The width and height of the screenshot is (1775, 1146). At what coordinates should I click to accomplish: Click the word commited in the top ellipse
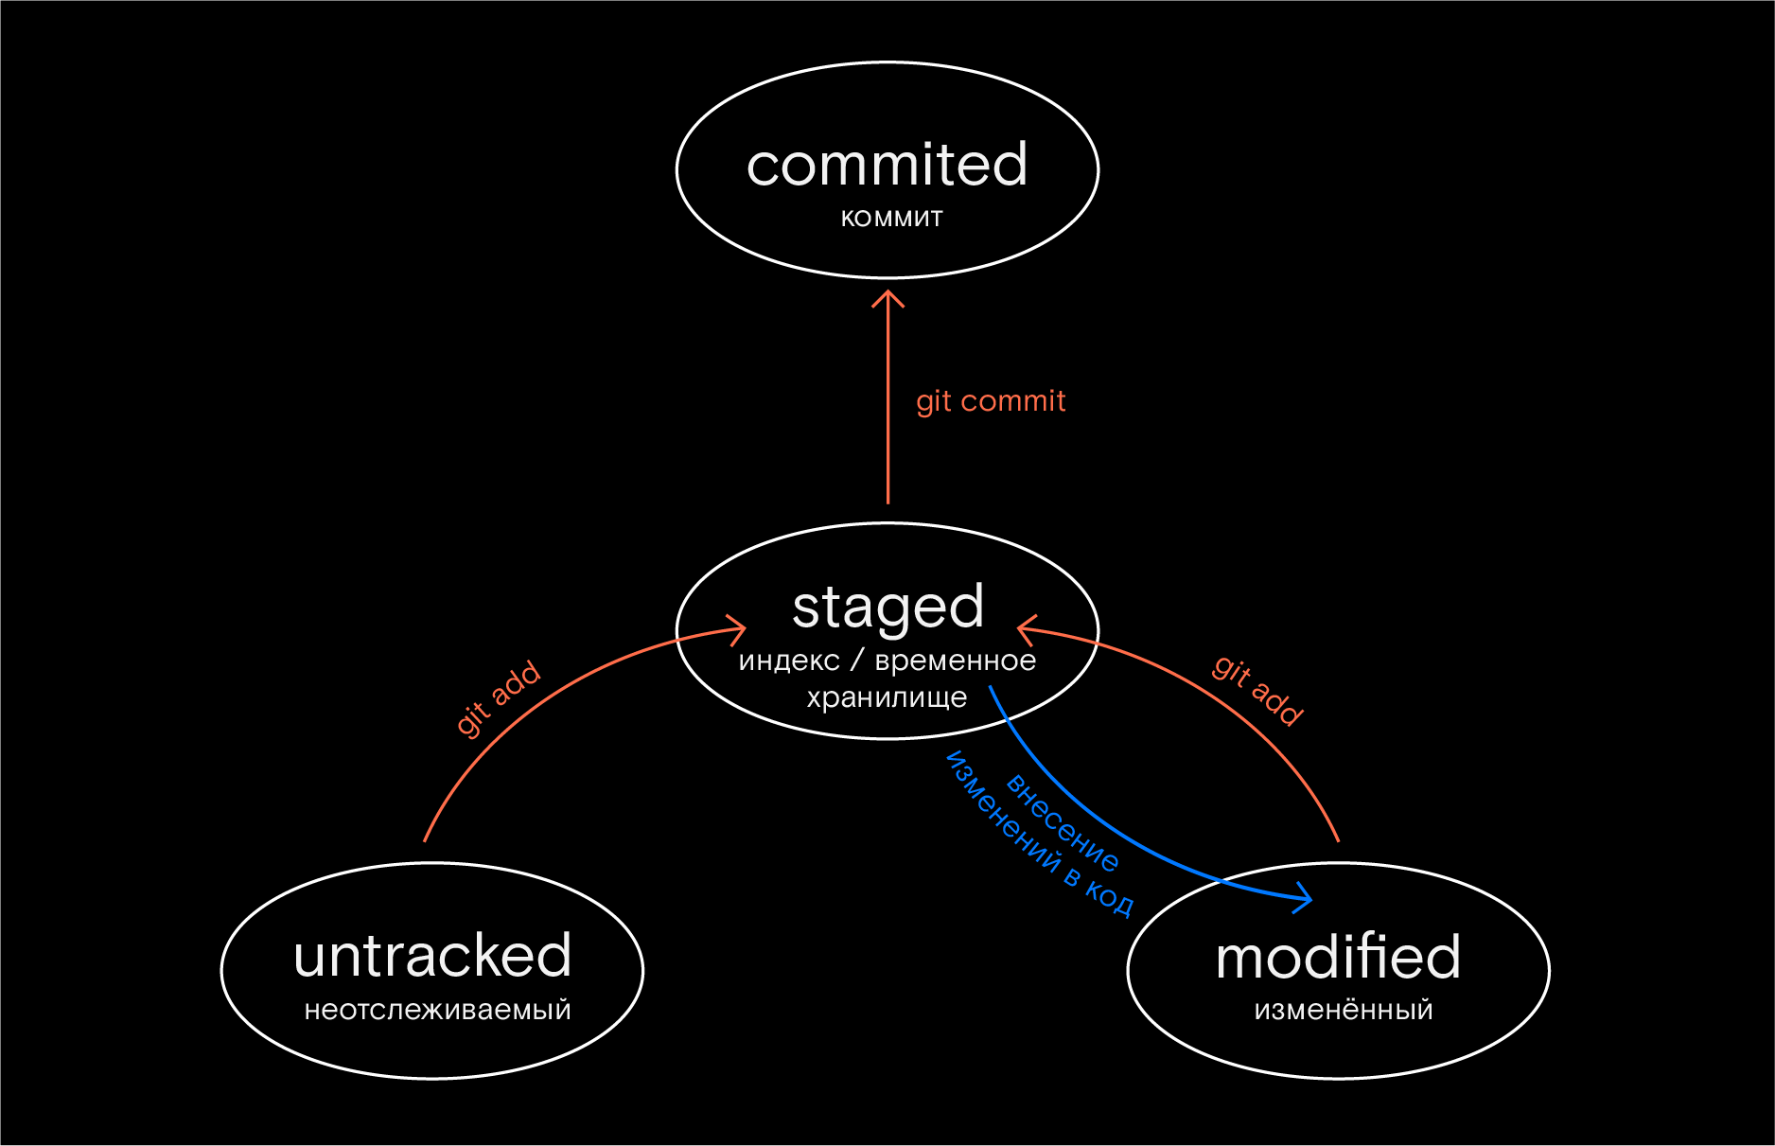pyautogui.click(x=887, y=165)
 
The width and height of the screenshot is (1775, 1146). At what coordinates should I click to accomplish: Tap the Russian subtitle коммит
pyautogui.click(x=892, y=219)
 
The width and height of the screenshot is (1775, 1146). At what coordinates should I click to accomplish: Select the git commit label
pyautogui.click(x=991, y=401)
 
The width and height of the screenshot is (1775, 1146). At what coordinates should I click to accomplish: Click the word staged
pyautogui.click(x=887, y=608)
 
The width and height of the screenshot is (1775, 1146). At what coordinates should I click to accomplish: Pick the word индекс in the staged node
pyautogui.click(x=789, y=661)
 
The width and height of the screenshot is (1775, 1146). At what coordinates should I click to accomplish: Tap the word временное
pyautogui.click(x=956, y=661)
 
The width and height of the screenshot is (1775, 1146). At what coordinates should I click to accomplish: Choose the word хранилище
pyautogui.click(x=887, y=698)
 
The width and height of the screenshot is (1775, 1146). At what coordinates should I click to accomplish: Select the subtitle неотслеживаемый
pyautogui.click(x=438, y=1011)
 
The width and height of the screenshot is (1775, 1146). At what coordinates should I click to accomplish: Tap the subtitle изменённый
pyautogui.click(x=1344, y=1011)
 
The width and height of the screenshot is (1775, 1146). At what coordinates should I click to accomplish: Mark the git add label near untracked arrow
pyautogui.click(x=498, y=698)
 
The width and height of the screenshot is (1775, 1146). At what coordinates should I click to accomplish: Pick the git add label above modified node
pyautogui.click(x=1258, y=691)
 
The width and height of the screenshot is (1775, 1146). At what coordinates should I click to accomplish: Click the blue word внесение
pyautogui.click(x=1063, y=821)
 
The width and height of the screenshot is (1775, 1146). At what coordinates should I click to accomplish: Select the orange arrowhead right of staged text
pyautogui.click(x=1027, y=628)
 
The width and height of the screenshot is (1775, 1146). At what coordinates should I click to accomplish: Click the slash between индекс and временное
pyautogui.click(x=857, y=660)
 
